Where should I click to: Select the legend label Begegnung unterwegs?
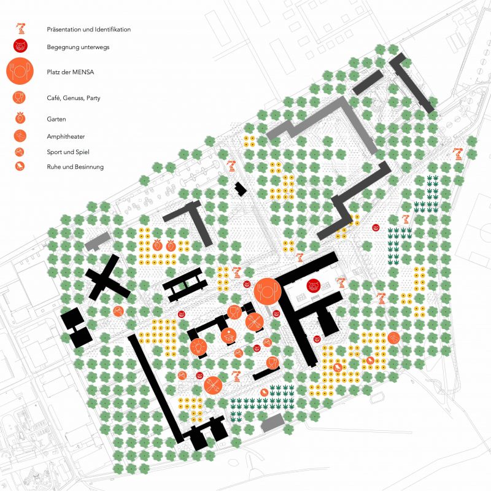pos(74,46)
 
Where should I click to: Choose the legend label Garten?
pos(56,119)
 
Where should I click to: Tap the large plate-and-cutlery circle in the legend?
pos(21,71)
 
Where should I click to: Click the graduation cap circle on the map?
pos(228,334)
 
